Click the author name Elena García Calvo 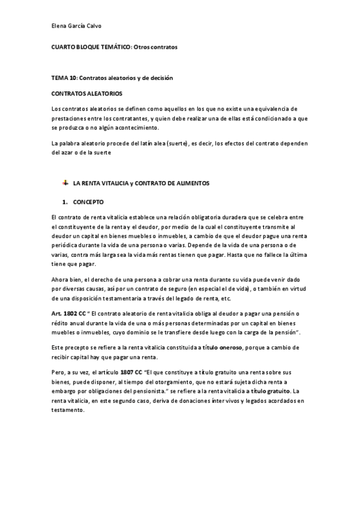click(x=76, y=26)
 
